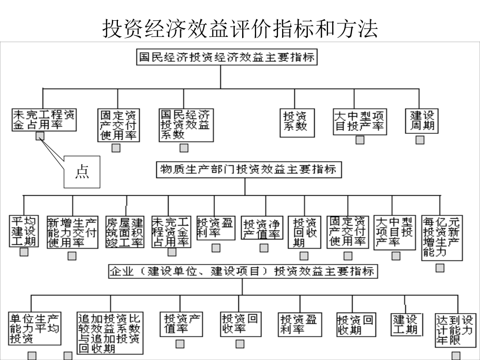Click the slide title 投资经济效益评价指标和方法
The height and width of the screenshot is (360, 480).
240,29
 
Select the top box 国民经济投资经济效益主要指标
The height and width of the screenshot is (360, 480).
227,57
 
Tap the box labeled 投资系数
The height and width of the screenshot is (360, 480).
297,123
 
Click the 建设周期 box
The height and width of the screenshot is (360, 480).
422,121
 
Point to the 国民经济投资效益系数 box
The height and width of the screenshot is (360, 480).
186,125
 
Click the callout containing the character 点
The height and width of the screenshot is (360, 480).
82,172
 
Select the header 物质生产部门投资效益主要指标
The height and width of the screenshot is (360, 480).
249,170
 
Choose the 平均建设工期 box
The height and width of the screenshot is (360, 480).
24,231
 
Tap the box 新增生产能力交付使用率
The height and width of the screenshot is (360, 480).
73,233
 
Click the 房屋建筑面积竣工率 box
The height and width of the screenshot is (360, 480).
125,233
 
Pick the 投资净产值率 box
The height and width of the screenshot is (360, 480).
262,228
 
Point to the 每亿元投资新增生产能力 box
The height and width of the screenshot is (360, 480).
442,238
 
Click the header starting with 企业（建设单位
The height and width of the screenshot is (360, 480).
243,271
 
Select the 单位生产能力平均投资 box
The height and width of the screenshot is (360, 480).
35,329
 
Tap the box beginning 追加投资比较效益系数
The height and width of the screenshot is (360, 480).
110,333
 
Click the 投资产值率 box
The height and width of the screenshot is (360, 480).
181,324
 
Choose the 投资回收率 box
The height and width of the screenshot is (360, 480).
241,324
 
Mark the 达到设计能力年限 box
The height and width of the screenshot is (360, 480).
455,330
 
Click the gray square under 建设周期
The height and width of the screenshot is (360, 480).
420,140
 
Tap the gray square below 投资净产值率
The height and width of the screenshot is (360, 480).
264,248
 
